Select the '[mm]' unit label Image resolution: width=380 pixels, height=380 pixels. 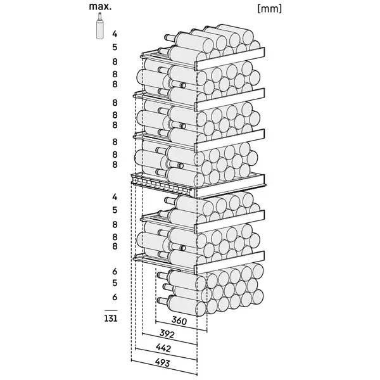click(270, 9)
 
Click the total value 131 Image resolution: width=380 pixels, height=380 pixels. click(111, 319)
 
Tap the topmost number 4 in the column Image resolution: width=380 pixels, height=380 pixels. click(115, 34)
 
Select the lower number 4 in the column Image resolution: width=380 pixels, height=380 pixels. click(115, 197)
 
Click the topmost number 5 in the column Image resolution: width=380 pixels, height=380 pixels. click(115, 46)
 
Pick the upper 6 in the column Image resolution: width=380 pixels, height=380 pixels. click(115, 270)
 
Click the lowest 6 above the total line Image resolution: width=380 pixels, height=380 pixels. click(115, 297)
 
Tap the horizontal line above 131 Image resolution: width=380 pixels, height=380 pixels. click(111, 310)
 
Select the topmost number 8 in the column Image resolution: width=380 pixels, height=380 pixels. click(115, 61)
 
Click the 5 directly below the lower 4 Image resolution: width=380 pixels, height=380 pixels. click(115, 210)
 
